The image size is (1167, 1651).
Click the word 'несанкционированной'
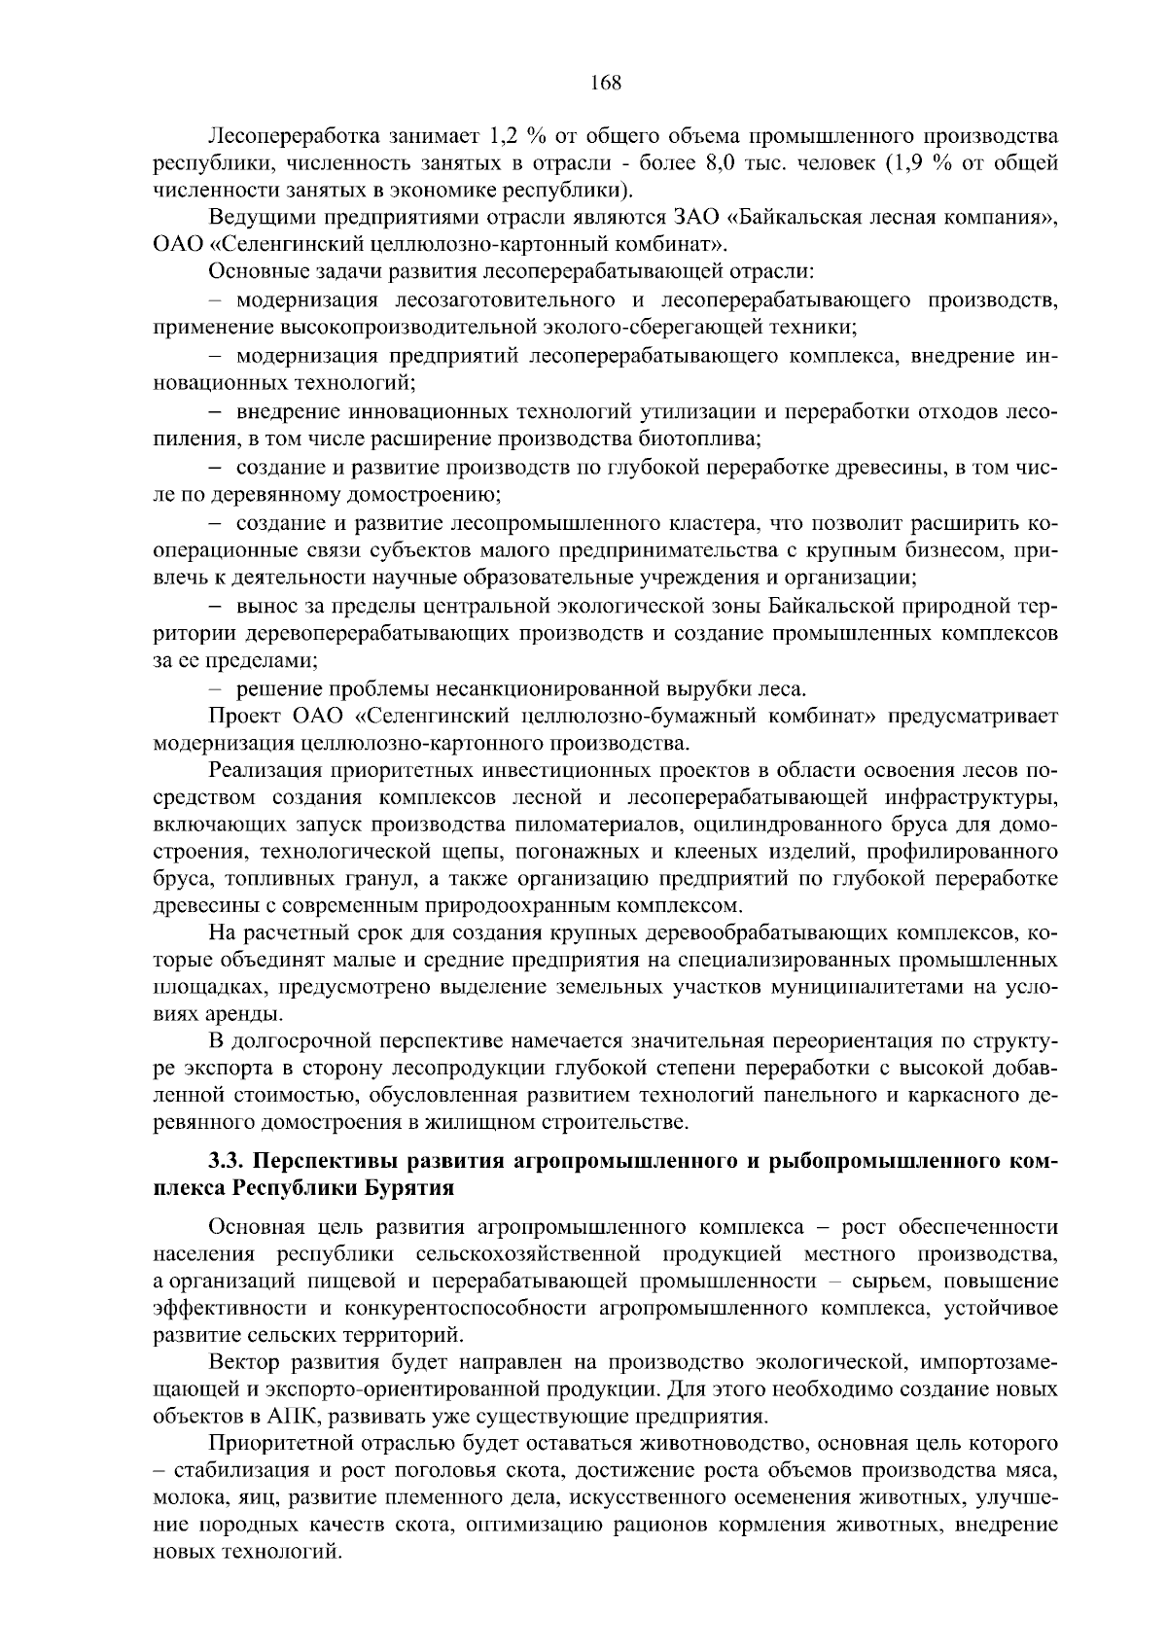click(x=523, y=689)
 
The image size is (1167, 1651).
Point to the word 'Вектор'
click(x=242, y=1358)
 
